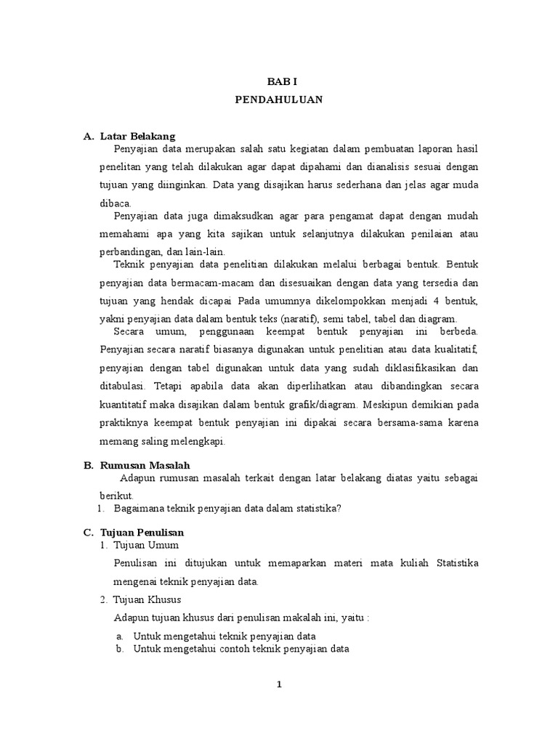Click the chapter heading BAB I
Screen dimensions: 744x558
point(278,83)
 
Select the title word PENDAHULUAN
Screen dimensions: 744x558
point(278,100)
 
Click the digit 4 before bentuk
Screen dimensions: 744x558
point(435,300)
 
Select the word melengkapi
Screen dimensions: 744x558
point(195,441)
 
